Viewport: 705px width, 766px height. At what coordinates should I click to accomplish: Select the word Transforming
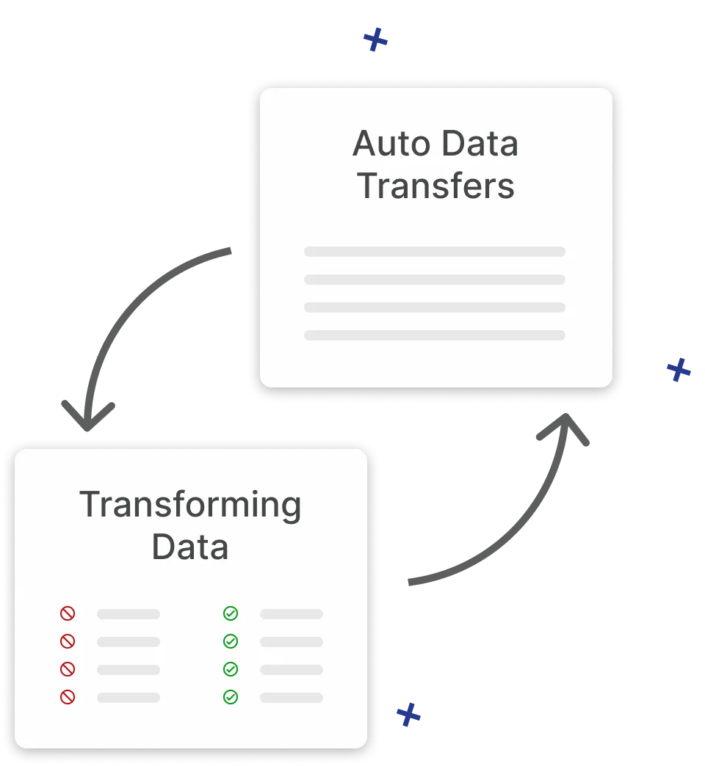point(190,505)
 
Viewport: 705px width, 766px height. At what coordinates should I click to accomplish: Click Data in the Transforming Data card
point(190,547)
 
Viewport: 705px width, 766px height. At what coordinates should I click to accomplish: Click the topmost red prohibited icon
point(68,613)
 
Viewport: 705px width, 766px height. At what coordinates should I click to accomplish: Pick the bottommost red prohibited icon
point(68,697)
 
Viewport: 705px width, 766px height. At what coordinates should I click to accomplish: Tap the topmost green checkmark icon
point(231,613)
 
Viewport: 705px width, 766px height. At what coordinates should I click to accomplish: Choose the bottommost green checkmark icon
point(231,697)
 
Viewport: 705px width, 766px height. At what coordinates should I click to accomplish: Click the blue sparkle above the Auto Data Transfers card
point(375,40)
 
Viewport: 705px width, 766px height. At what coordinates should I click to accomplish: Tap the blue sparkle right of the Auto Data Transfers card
point(679,371)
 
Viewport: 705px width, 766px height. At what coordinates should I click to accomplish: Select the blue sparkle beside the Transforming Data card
point(408,713)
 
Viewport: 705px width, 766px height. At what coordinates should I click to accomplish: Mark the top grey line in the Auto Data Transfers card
point(435,252)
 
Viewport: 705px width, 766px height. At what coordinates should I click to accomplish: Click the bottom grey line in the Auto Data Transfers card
point(435,335)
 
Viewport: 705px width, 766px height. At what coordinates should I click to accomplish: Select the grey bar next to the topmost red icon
point(129,614)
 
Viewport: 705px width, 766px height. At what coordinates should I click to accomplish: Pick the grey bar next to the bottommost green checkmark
point(292,698)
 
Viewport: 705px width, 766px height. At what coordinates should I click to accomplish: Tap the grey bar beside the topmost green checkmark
point(292,614)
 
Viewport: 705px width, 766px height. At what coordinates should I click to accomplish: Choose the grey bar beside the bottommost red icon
point(129,698)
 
